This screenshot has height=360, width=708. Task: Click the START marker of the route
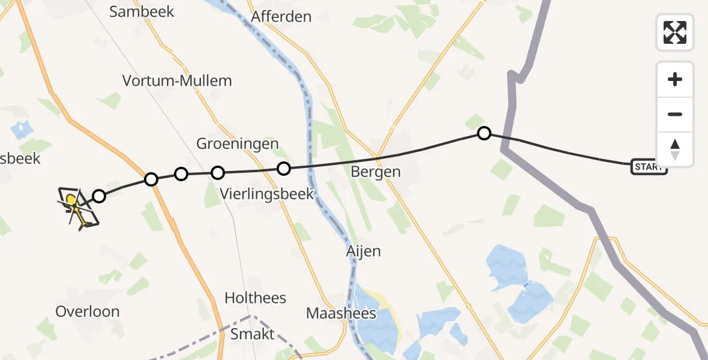tap(649, 167)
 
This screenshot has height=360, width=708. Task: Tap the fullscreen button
tap(675, 32)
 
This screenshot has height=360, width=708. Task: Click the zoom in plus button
tap(675, 79)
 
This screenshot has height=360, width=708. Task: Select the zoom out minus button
tap(675, 114)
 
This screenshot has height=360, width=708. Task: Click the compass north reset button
tap(675, 149)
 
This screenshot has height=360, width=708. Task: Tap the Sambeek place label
tap(142, 11)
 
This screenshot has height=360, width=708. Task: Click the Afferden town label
tap(281, 16)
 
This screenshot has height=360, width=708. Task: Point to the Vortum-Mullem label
tap(177, 80)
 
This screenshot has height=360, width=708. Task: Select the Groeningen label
tap(238, 144)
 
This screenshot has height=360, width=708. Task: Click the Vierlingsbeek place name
tap(267, 194)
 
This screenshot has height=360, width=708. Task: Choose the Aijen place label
tap(364, 251)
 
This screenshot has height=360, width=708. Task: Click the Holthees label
tap(256, 298)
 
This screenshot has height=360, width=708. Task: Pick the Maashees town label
tap(341, 313)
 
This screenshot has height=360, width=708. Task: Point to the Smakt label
tap(253, 334)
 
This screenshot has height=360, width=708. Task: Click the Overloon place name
tap(88, 311)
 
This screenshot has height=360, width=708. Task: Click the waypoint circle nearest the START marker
tap(484, 133)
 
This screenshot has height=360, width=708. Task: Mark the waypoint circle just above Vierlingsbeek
tap(284, 169)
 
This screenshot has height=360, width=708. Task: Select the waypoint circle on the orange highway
tap(151, 179)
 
